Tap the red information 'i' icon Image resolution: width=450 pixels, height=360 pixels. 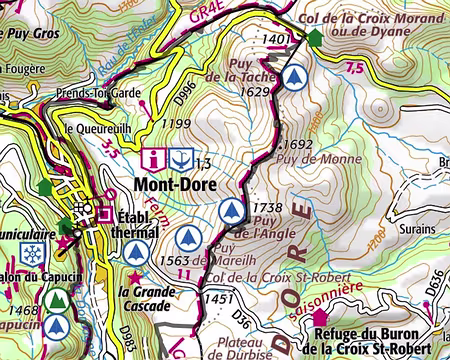(153, 159)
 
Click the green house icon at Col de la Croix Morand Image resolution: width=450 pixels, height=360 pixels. (317, 37)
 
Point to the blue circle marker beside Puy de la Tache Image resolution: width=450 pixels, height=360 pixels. (293, 77)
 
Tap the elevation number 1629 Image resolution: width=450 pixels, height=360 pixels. (258, 92)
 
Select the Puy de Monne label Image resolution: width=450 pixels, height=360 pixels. (320, 158)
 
